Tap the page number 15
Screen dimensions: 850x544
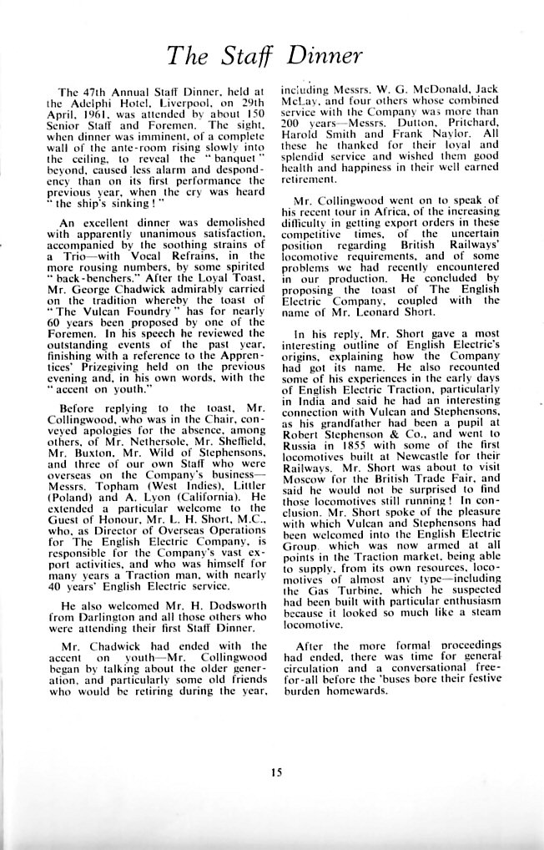pos(276,772)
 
